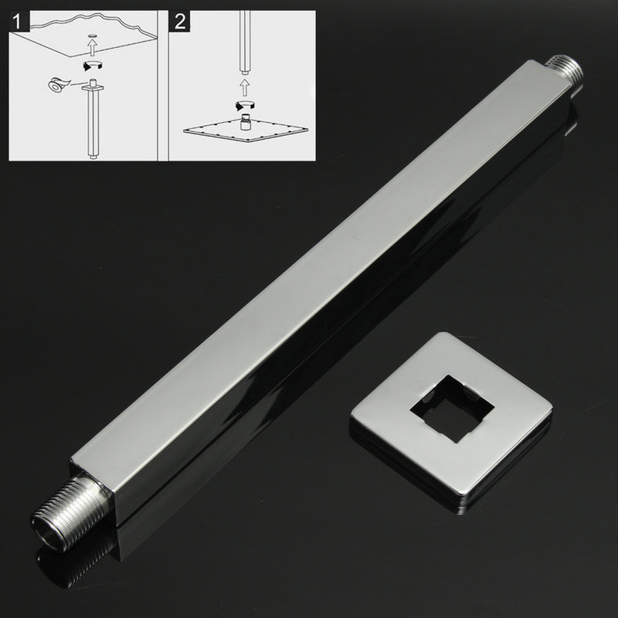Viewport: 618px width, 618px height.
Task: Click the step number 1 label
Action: (16, 22)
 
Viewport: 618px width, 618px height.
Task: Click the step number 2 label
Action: (181, 22)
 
